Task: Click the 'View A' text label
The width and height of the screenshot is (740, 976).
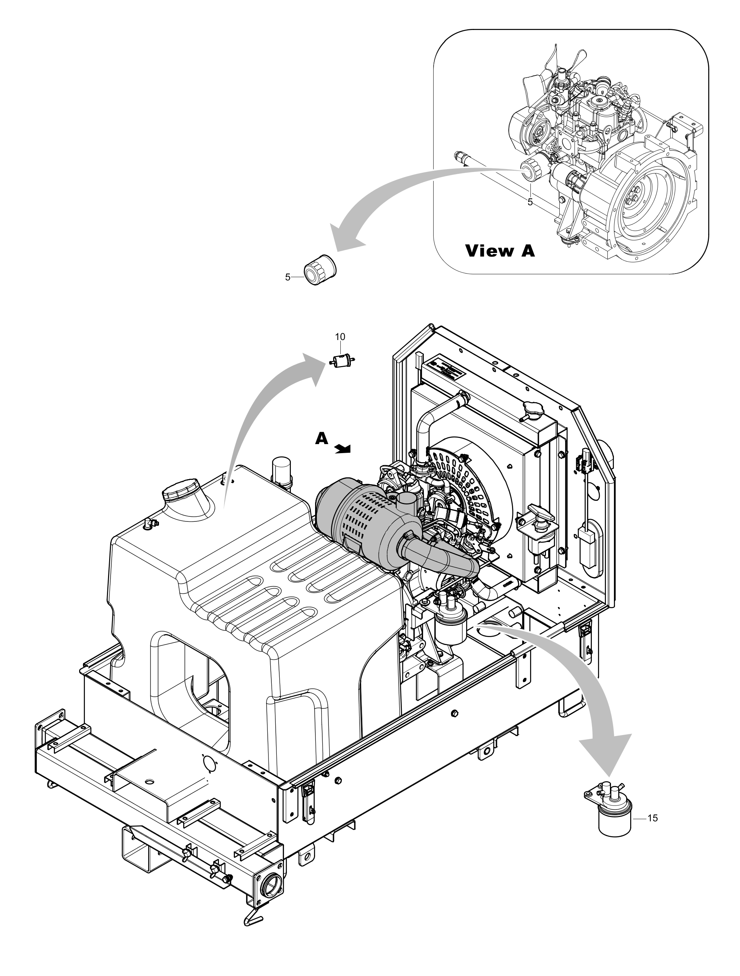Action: tap(500, 251)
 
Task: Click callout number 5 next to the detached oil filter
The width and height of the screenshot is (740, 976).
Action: tap(288, 278)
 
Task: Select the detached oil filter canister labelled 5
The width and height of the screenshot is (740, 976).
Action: tap(320, 270)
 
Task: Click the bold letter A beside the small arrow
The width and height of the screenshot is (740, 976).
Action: tap(322, 438)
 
